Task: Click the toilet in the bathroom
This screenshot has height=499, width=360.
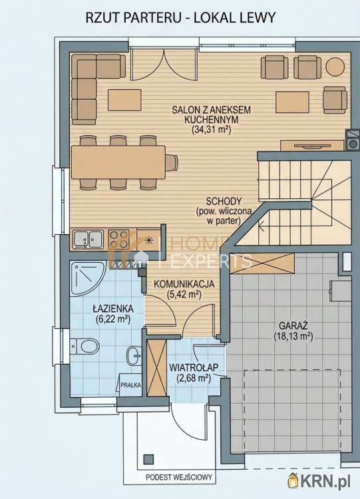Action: pyautogui.click(x=85, y=347)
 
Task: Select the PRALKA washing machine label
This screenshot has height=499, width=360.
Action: pyautogui.click(x=130, y=385)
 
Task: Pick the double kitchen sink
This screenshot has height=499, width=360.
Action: pyautogui.click(x=88, y=240)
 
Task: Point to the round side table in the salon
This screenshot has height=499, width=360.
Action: pyautogui.click(x=335, y=67)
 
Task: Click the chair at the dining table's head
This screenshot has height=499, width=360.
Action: pyautogui.click(x=172, y=162)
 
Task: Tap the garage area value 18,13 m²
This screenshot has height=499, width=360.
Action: pyautogui.click(x=293, y=337)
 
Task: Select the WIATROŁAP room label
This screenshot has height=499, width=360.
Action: pyautogui.click(x=194, y=367)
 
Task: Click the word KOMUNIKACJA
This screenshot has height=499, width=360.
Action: pyautogui.click(x=184, y=284)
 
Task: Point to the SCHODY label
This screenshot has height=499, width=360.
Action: pyautogui.click(x=224, y=202)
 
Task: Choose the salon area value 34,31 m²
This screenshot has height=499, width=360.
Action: pyautogui.click(x=211, y=130)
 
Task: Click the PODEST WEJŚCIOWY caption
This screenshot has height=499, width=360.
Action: pyautogui.click(x=179, y=477)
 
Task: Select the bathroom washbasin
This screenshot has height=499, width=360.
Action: pyautogui.click(x=134, y=355)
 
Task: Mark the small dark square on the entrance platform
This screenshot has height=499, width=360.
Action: pyautogui.click(x=148, y=459)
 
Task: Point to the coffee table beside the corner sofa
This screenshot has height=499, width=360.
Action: pyautogui.click(x=124, y=100)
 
